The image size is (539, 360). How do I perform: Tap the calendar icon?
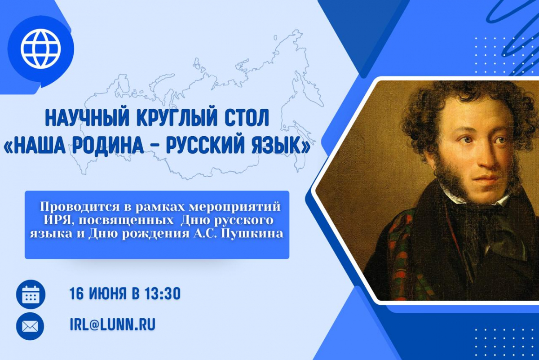31,294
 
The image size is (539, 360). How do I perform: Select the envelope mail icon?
30,327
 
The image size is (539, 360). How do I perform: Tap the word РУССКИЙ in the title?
208,146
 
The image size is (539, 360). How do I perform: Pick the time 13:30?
163,294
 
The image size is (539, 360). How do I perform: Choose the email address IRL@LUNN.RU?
113,324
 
